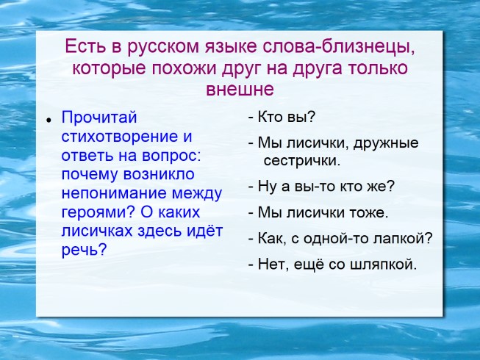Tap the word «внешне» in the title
240,90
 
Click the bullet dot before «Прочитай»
47,120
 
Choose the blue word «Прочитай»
99,118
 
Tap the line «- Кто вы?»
282,118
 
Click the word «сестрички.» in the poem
301,160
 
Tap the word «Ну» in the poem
268,187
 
